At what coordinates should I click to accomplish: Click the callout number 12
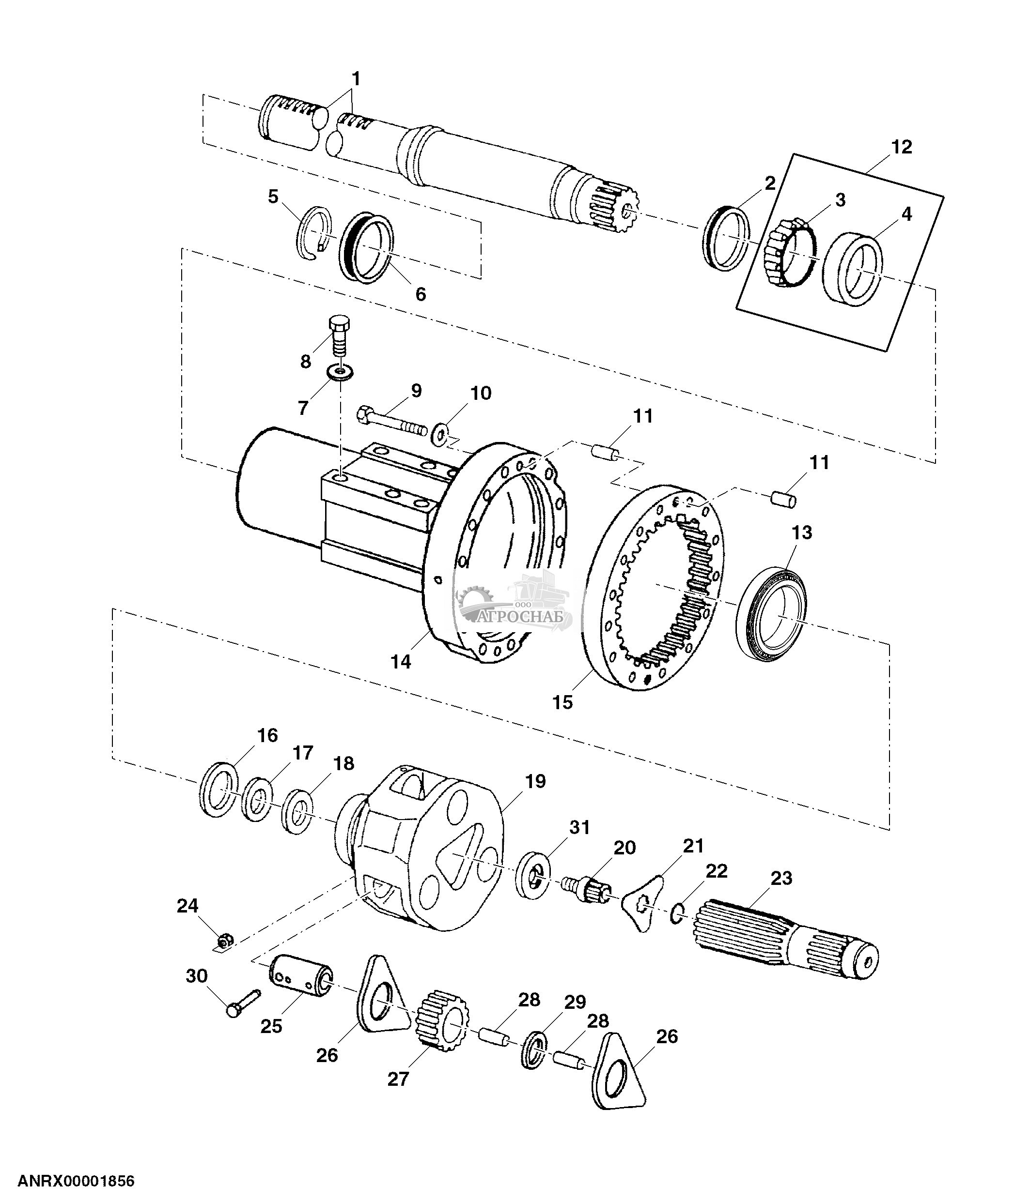tap(901, 147)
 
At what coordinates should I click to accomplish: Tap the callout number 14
tap(400, 661)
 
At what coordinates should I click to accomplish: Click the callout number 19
tap(535, 781)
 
